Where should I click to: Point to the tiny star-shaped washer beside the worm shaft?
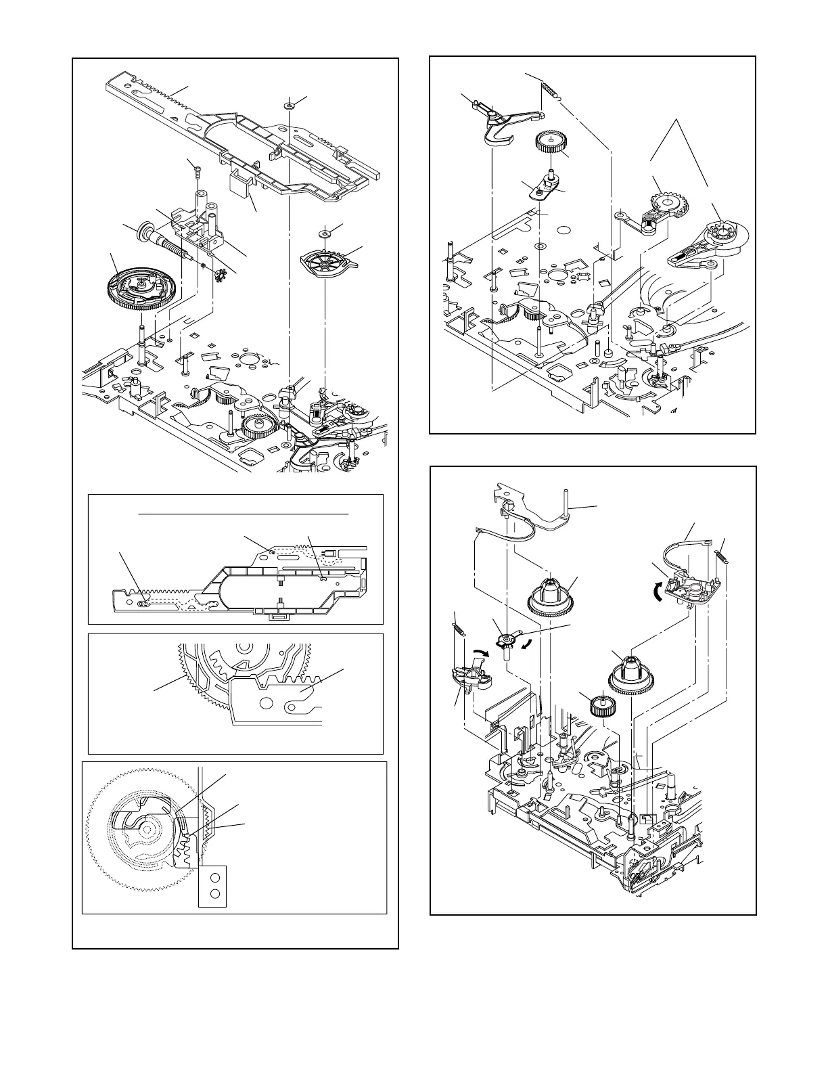[218, 273]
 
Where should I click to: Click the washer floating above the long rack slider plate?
[289, 106]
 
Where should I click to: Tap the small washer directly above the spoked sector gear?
[324, 232]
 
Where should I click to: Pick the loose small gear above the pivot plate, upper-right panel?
[550, 143]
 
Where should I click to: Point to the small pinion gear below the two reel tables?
[599, 707]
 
